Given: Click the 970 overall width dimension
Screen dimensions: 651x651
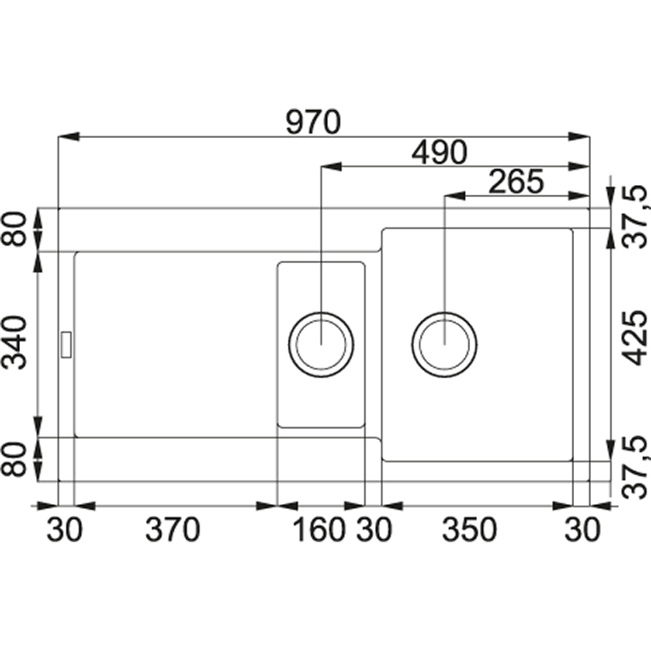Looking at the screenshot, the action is tap(314, 122).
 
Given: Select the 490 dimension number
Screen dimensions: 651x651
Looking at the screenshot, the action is tap(439, 152).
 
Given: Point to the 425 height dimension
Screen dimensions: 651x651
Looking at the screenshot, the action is tap(635, 339).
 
